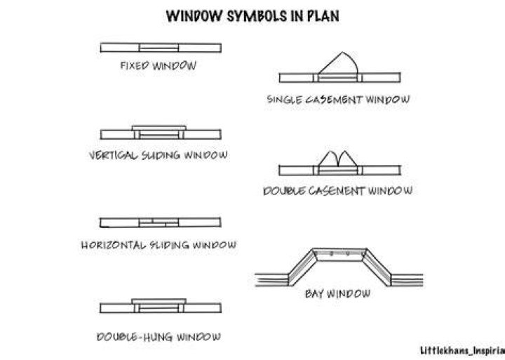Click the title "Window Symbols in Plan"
pos(252,16)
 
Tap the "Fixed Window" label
pos(158,66)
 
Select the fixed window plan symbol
pos(161,48)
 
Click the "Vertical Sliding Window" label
pos(158,155)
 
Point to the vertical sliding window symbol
pos(161,133)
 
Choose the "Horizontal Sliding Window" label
pos(159,245)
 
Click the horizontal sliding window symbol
pos(161,222)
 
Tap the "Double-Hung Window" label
pos(159,337)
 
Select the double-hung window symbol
pos(161,306)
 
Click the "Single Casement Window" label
pos(339,99)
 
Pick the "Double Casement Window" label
pos(338,191)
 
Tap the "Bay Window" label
pos(337,293)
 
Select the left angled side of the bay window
pos(302,267)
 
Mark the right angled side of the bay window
pos(377,267)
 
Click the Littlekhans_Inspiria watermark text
pos(462,350)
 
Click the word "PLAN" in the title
pos(323,16)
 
